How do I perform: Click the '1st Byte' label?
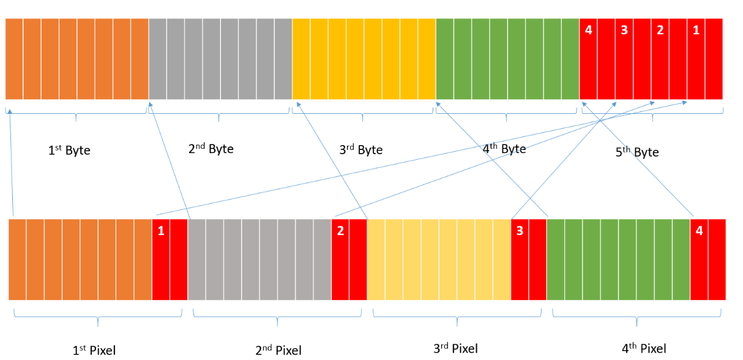coord(69,150)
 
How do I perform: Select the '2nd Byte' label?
coord(211,148)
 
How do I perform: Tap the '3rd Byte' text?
coord(361,149)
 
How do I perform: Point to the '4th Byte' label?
coord(504,148)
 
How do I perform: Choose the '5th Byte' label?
coord(637,151)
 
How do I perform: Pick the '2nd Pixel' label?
coord(278,350)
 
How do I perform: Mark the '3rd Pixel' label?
coord(455,348)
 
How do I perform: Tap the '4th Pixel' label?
coord(644,348)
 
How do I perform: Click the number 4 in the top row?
coord(589,30)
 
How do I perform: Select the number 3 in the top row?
coord(624,30)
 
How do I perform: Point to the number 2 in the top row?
coord(660,30)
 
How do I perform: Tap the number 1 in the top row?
coord(696,30)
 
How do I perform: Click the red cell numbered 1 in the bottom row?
coord(161,231)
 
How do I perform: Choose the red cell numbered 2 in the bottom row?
coord(340,231)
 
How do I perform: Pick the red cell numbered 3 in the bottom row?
coord(520,231)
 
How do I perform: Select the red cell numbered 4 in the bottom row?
coord(699,231)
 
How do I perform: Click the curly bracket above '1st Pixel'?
coord(98,316)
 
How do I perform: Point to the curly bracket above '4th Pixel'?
coord(637,316)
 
